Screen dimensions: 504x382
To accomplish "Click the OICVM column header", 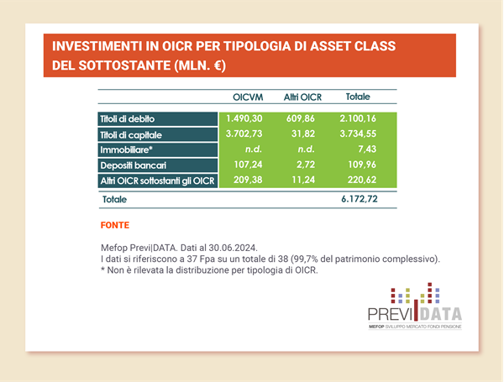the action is pos(248,97).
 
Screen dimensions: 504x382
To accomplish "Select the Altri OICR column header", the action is pos(302,97).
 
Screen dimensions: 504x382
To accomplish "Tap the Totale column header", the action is pos(358,97).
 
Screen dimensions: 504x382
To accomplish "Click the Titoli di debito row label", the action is pos(128,119).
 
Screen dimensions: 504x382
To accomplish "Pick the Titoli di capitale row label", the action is pos(131,135).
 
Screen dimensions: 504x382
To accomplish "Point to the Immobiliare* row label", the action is pos(126,149).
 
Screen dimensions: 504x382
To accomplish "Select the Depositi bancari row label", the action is pos(133,165).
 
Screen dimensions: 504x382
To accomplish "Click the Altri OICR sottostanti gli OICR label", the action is pos(157,181).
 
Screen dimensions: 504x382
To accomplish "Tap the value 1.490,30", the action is pos(244,118).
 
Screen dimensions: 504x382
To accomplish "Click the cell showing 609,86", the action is pos(301,118).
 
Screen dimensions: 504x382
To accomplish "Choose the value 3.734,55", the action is pos(358,133).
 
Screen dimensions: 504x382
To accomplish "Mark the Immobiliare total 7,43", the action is pos(367,149).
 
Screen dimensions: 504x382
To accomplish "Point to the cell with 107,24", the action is pos(248,165).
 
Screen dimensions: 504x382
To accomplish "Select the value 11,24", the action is pos(303,180).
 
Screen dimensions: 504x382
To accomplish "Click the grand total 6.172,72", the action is pos(360,199).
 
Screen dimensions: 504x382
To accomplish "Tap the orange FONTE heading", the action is pos(115,225).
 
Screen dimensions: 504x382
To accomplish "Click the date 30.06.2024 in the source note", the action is pos(233,248).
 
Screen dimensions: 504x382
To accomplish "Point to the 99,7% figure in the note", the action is pos(306,259).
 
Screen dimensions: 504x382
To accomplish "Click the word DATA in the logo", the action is pos(441,314).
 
